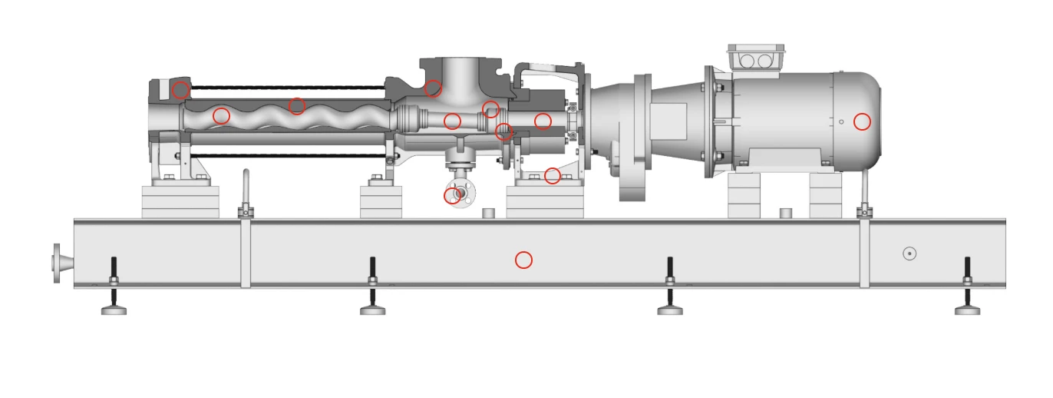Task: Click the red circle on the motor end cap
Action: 862,121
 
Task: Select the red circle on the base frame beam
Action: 523,260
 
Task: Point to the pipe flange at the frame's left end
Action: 57,263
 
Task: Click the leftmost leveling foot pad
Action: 114,310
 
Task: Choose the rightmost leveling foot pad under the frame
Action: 967,310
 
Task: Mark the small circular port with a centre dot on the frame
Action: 909,254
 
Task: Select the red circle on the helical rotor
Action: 221,116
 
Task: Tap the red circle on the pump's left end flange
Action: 180,90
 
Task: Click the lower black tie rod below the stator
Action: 284,156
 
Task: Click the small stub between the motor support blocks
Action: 784,213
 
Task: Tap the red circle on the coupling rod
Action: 452,121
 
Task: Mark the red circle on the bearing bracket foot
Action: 552,176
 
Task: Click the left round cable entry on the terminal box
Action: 748,60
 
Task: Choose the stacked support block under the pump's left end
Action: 180,202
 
